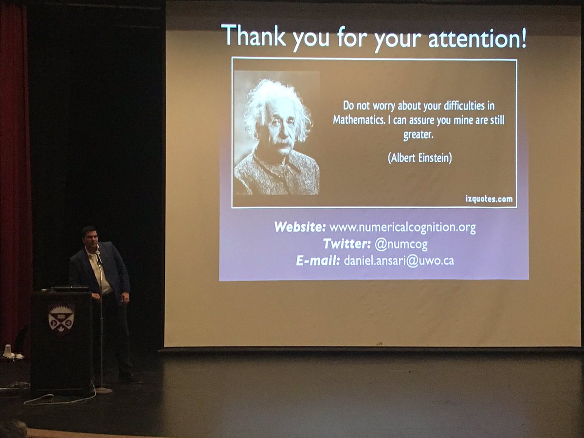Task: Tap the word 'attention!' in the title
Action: pyautogui.click(x=476, y=38)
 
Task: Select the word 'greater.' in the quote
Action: pyautogui.click(x=418, y=135)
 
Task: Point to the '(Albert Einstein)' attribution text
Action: pyautogui.click(x=420, y=159)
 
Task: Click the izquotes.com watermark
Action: pyautogui.click(x=488, y=199)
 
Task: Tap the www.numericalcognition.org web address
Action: pyautogui.click(x=402, y=227)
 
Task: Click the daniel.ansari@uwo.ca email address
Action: pyautogui.click(x=399, y=261)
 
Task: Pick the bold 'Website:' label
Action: pyautogui.click(x=299, y=227)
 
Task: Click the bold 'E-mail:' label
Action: pyautogui.click(x=318, y=261)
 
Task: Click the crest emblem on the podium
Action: pyautogui.click(x=61, y=319)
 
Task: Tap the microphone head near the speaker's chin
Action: pyautogui.click(x=98, y=253)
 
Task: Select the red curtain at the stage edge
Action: pyautogui.click(x=15, y=170)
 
